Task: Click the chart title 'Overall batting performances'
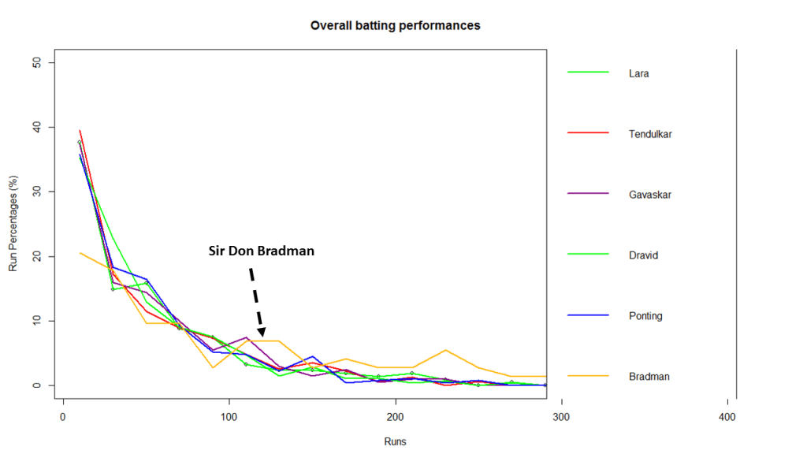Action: [x=395, y=25]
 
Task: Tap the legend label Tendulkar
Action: [x=650, y=134]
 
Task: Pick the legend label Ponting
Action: [x=645, y=316]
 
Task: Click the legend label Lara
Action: [x=638, y=73]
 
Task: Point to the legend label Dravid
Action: [x=644, y=255]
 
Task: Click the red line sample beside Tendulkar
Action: [x=588, y=133]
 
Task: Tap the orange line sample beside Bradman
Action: [x=588, y=376]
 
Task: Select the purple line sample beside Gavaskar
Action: [x=588, y=194]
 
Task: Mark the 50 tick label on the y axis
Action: [x=49, y=62]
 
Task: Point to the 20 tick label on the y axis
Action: [x=49, y=256]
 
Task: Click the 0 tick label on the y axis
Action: [x=49, y=385]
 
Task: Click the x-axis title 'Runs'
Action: [x=395, y=442]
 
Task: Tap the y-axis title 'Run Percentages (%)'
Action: [x=13, y=225]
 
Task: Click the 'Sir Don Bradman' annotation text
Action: [x=261, y=251]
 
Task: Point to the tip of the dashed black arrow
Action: [x=262, y=337]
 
